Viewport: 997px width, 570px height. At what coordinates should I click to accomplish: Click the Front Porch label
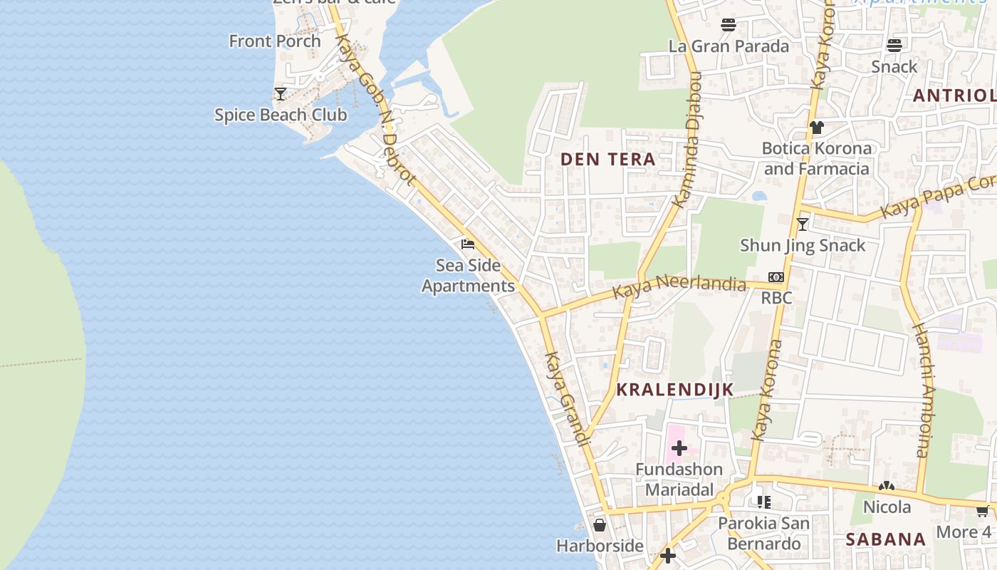(x=275, y=41)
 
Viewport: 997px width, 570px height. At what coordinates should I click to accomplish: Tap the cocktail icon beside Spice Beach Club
(x=281, y=93)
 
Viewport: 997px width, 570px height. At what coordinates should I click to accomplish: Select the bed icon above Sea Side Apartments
(x=468, y=244)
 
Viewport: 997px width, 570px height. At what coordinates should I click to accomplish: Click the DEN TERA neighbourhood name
(x=608, y=159)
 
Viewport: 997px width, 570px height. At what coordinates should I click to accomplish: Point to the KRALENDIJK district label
(x=674, y=390)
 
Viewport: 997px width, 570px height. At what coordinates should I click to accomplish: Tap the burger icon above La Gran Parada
(x=728, y=25)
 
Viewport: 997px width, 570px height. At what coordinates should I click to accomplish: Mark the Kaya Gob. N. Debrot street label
(x=373, y=111)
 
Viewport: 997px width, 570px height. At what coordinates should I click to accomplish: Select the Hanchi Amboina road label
(x=922, y=390)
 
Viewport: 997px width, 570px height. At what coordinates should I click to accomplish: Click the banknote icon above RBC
(x=776, y=277)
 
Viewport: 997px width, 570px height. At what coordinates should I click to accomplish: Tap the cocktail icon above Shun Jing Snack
(x=803, y=224)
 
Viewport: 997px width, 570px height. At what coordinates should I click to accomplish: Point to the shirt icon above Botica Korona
(x=816, y=128)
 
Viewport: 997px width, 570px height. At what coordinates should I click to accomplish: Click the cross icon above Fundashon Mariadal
(x=679, y=448)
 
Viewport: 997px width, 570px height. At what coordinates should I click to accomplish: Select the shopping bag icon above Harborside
(x=600, y=525)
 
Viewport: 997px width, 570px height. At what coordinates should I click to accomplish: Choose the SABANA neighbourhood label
(x=886, y=539)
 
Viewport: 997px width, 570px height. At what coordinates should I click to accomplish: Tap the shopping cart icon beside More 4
(x=983, y=510)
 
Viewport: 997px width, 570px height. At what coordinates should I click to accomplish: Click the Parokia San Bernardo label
(x=763, y=533)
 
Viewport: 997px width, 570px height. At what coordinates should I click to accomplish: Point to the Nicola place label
(x=887, y=507)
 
